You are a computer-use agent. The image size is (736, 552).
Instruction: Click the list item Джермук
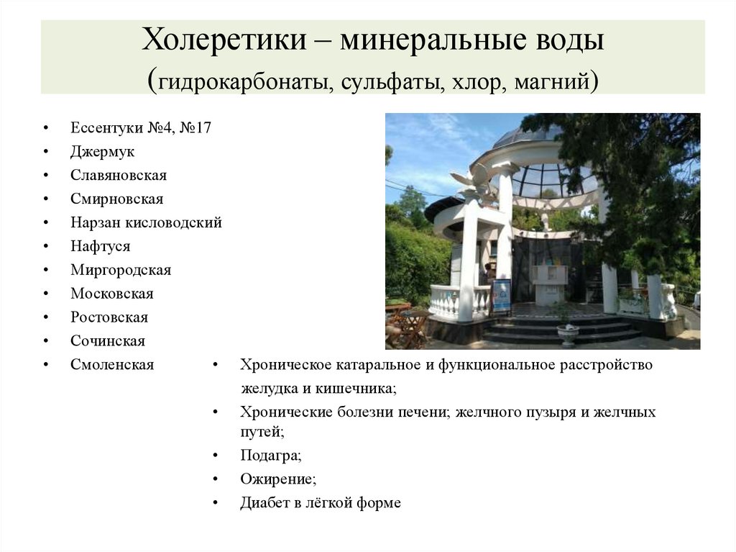click(102, 152)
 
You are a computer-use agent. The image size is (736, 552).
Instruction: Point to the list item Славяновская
click(119, 176)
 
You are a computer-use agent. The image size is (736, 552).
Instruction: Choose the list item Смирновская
click(117, 199)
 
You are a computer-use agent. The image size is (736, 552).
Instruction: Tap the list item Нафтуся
click(101, 246)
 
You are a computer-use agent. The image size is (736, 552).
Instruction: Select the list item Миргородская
click(121, 270)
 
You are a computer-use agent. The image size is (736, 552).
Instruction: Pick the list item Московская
click(112, 294)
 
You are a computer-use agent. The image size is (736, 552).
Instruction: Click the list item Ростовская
click(109, 317)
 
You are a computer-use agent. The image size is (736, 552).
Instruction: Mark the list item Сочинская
click(108, 341)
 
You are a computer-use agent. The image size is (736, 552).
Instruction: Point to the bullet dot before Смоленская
click(46, 366)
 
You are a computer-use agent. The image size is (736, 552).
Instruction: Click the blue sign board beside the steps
click(502, 295)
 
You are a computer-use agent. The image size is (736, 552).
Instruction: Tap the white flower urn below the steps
click(568, 332)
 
